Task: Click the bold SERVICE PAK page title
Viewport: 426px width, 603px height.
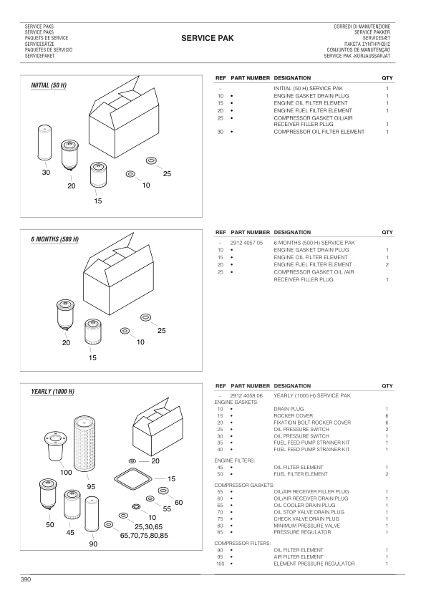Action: click(207, 38)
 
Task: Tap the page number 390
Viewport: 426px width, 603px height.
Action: click(25, 579)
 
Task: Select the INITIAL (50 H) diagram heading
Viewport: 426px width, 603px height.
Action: click(49, 85)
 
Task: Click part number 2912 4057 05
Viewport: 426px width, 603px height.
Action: click(246, 243)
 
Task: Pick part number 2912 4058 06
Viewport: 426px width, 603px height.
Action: click(246, 395)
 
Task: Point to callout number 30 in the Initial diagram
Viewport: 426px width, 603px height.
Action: click(46, 173)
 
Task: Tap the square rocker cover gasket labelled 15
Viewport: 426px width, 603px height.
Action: click(133, 478)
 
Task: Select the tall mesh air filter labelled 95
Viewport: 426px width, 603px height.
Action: click(84, 443)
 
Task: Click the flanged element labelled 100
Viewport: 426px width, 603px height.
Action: click(56, 446)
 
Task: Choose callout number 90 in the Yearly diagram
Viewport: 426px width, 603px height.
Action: click(93, 544)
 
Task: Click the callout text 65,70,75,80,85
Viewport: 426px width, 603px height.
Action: click(144, 535)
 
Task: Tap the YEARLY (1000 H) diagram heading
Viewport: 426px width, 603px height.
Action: click(53, 392)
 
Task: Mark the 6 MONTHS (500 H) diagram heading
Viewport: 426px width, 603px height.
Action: click(55, 239)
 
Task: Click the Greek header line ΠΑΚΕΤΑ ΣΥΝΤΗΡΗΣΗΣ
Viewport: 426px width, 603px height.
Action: click(367, 44)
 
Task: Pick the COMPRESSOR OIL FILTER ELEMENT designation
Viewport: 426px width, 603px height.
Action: click(319, 132)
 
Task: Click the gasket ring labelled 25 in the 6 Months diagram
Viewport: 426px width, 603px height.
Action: click(146, 317)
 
